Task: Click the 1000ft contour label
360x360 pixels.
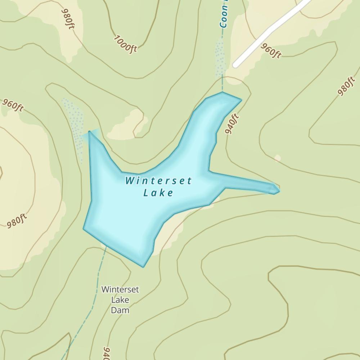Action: click(x=125, y=44)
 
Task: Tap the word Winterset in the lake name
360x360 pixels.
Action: click(x=158, y=181)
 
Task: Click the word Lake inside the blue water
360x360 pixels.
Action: click(x=158, y=193)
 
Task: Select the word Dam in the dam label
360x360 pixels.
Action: click(x=120, y=310)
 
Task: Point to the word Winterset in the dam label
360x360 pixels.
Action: click(x=120, y=289)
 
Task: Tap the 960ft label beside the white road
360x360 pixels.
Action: click(x=271, y=51)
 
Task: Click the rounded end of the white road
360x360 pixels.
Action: click(x=236, y=65)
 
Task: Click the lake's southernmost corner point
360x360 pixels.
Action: click(x=143, y=267)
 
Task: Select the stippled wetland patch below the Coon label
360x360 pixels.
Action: click(x=220, y=59)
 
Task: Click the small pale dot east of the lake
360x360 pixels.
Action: click(x=277, y=158)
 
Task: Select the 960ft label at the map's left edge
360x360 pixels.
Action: click(x=13, y=104)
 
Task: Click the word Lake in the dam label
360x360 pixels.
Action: click(x=120, y=300)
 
